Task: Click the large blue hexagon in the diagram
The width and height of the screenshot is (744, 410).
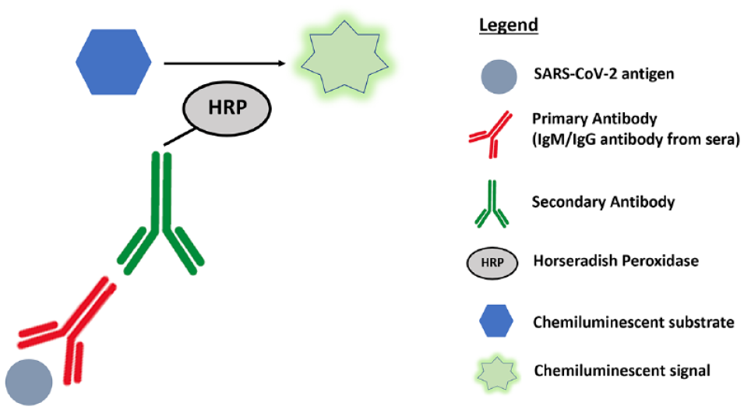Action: click(114, 62)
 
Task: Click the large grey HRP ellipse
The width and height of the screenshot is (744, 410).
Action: click(227, 108)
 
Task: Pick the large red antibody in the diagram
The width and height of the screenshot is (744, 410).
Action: click(71, 332)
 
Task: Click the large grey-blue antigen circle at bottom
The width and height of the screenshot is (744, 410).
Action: click(29, 383)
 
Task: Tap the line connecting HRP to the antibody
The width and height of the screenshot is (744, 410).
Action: click(179, 137)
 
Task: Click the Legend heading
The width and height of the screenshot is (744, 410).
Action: click(508, 25)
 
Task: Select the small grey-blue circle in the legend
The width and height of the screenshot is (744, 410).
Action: click(499, 76)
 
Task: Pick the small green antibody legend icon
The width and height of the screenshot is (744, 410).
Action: click(492, 204)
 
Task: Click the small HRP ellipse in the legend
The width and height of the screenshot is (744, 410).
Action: click(492, 263)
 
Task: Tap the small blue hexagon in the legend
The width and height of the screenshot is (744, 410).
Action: click(496, 321)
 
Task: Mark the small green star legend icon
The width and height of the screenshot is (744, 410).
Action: click(496, 373)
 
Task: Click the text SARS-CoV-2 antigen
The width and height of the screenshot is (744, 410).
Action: click(604, 74)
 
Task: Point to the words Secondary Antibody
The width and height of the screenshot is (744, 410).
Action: click(603, 202)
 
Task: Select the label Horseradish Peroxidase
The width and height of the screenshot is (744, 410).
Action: click(616, 261)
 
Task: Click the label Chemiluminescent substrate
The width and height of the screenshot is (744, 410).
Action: click(633, 322)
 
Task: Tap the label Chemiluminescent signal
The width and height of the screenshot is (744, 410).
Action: click(622, 370)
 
